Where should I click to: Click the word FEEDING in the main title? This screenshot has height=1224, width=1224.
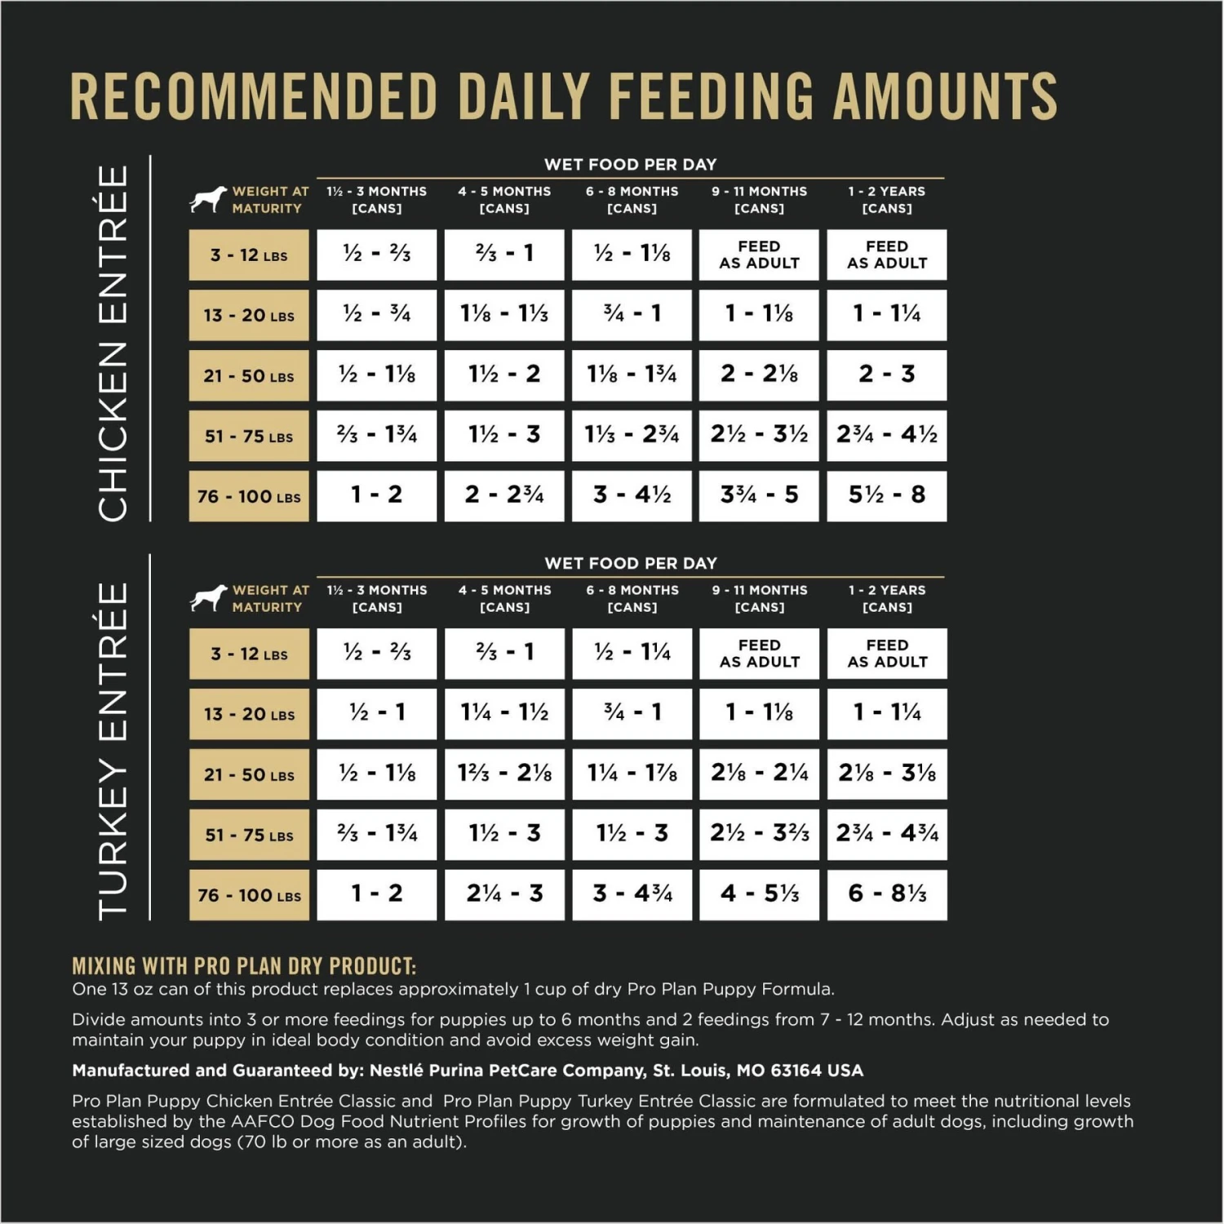click(711, 96)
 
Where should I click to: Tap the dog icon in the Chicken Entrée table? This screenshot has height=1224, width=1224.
click(208, 200)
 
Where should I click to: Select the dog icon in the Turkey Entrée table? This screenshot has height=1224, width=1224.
click(208, 598)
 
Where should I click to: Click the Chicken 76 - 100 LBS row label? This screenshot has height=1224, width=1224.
click(249, 496)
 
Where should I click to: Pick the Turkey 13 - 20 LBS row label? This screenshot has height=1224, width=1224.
click(249, 714)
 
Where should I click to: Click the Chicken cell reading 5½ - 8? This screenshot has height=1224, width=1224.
click(887, 495)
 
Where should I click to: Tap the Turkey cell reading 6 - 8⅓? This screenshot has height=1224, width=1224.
click(887, 894)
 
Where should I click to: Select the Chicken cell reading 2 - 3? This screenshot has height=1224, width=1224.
click(887, 375)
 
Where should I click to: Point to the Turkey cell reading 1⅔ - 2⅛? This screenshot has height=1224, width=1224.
click(504, 774)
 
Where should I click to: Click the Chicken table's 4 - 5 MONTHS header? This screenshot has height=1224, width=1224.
click(504, 200)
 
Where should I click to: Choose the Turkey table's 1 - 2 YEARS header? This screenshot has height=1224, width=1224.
click(887, 598)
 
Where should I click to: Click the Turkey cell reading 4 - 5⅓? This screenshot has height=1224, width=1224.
click(760, 894)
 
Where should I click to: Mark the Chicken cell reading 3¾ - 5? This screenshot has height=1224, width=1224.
click(760, 495)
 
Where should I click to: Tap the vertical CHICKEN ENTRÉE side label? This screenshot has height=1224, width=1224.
click(113, 343)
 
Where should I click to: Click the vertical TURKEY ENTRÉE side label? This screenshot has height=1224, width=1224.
click(113, 751)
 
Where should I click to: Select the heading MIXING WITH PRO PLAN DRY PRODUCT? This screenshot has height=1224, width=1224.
click(244, 967)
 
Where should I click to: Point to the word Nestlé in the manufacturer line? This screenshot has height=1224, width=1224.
click(397, 1071)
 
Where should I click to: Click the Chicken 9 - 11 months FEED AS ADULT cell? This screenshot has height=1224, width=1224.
click(760, 255)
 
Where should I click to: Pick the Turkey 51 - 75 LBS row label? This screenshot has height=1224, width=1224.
click(249, 835)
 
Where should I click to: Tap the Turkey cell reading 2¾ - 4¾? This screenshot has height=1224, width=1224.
click(887, 834)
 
